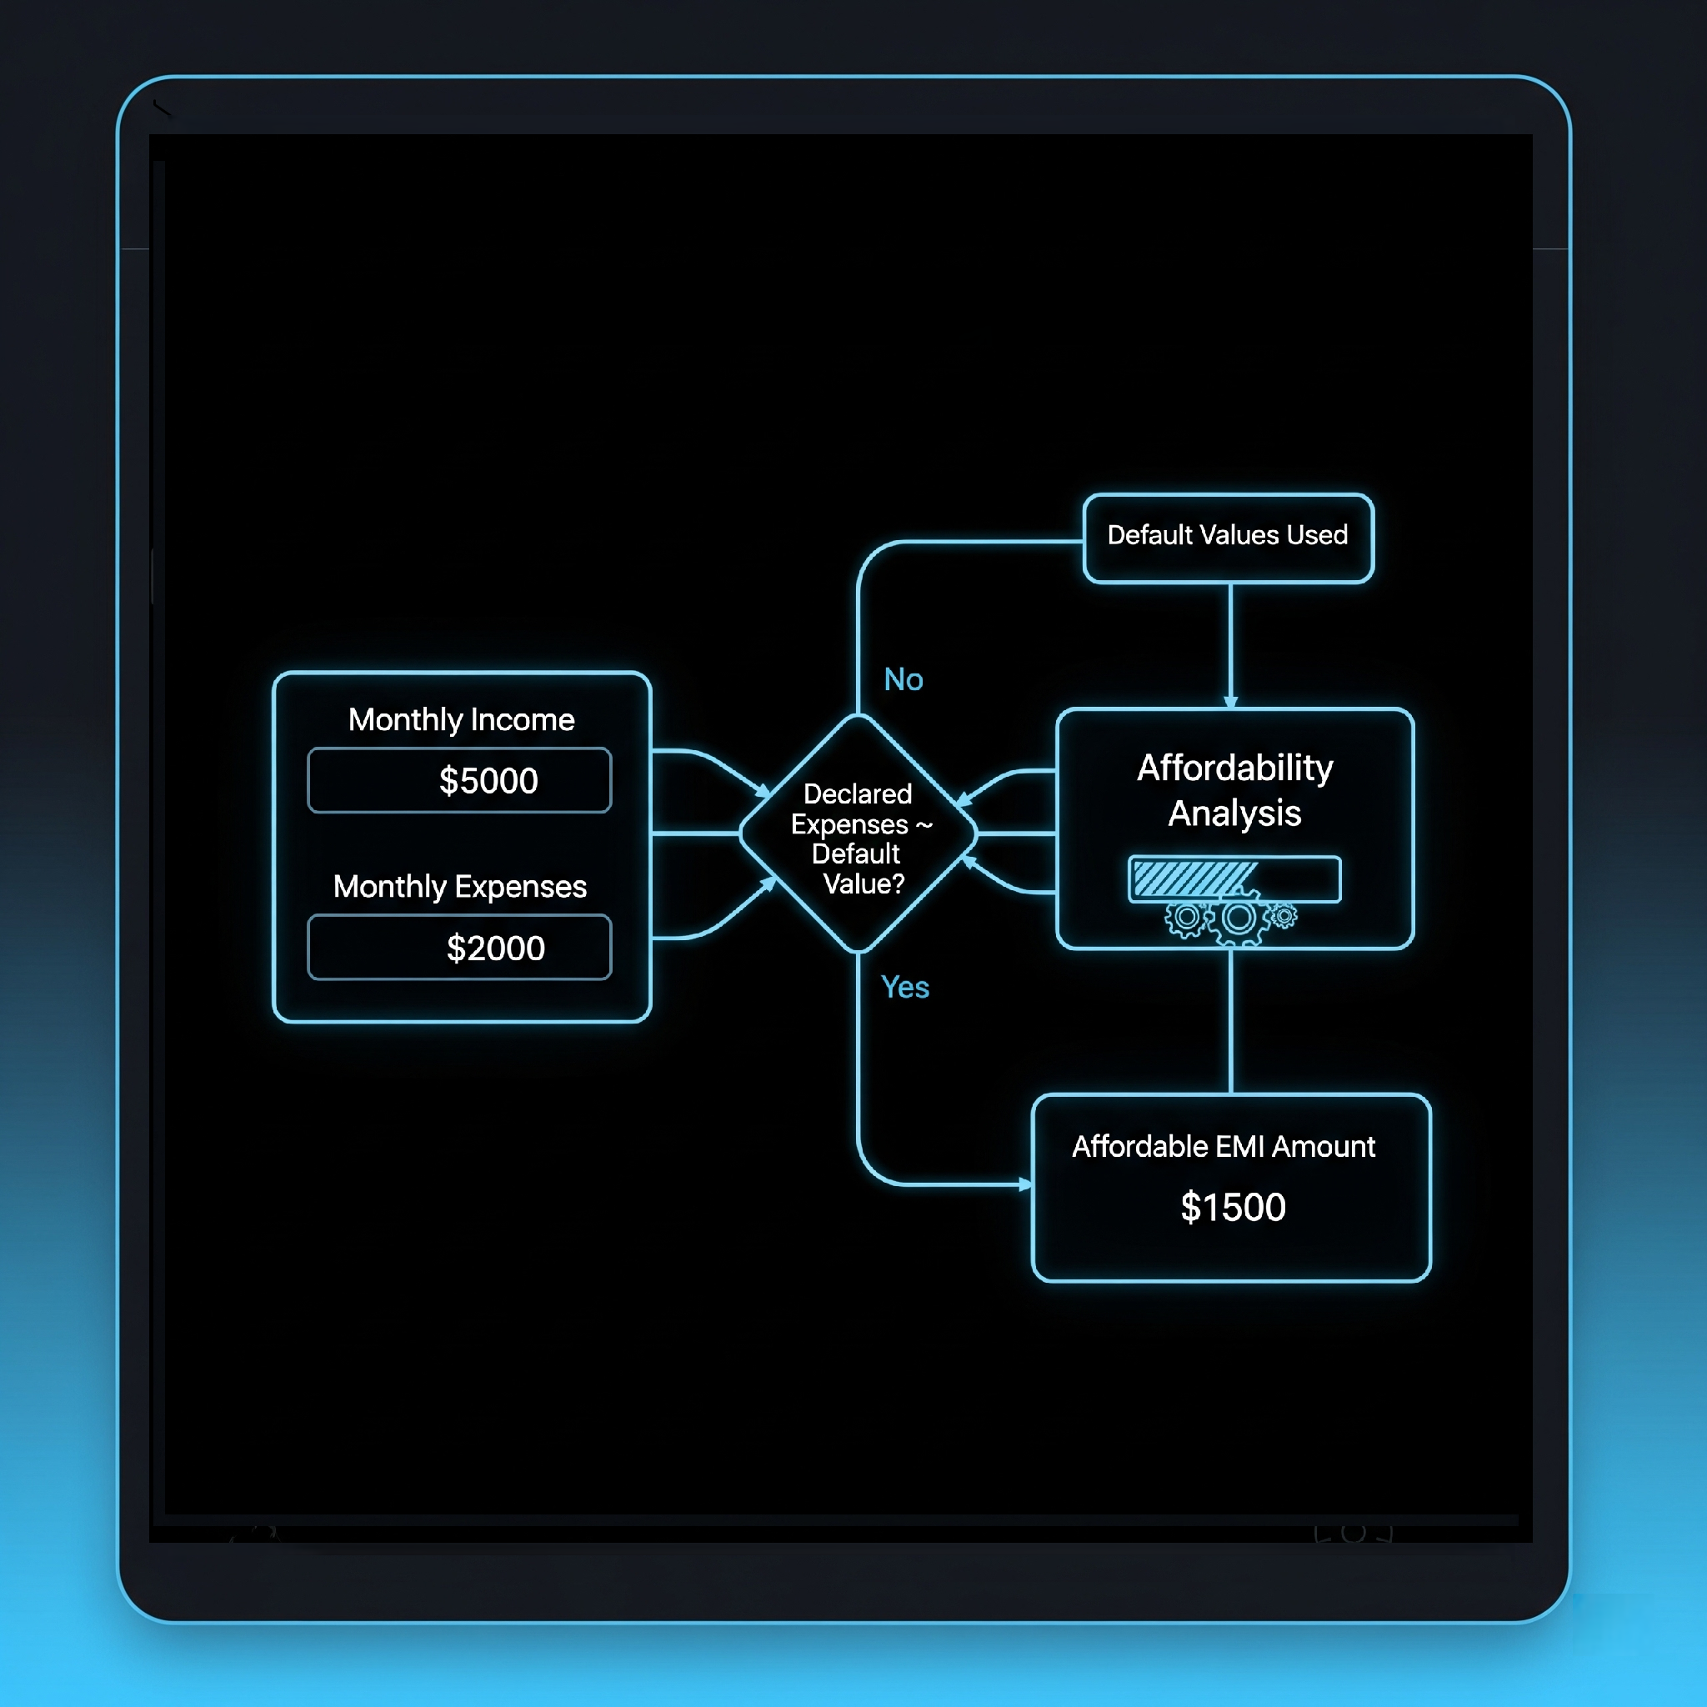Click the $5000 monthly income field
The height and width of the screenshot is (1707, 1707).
pos(459,780)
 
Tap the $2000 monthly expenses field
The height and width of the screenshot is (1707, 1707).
pos(459,947)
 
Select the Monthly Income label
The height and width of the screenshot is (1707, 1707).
pos(461,720)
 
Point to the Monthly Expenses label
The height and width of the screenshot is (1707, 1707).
pos(459,886)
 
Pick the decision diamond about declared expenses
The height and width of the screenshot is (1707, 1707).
pos(858,834)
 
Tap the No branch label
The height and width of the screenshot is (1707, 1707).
pos(903,679)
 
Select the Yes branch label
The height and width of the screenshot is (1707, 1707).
pos(904,987)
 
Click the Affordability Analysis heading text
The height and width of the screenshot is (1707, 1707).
pos(1234,790)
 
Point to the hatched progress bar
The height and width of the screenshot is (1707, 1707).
pos(1234,879)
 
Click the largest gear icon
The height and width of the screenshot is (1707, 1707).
pos(1239,919)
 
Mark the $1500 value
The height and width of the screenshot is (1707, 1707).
pos(1233,1207)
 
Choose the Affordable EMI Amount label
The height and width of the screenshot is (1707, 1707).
pos(1224,1147)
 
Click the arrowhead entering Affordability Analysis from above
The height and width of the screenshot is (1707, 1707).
pos(1231,703)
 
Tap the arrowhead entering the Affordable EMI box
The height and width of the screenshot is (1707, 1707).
pos(1025,1184)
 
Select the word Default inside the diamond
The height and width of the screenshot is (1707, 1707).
pos(855,854)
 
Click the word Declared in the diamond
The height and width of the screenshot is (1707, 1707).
pos(857,794)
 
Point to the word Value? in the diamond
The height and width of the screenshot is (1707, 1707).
pos(864,884)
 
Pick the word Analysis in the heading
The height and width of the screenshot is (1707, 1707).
pos(1234,813)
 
